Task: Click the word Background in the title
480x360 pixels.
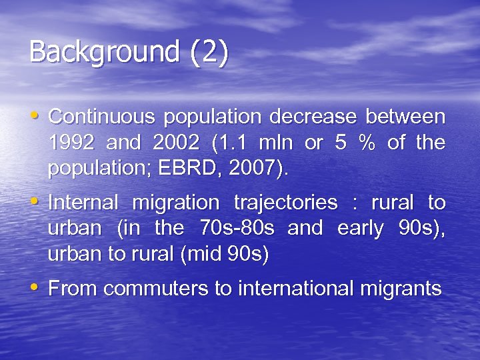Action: coord(104,53)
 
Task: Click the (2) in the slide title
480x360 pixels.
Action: coord(209,53)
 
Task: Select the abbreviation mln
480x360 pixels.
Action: coord(281,143)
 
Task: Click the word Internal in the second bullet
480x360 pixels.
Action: coord(83,203)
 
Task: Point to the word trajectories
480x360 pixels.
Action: coord(285,203)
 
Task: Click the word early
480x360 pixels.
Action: coord(360,229)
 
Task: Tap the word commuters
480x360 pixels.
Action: coord(146,289)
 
